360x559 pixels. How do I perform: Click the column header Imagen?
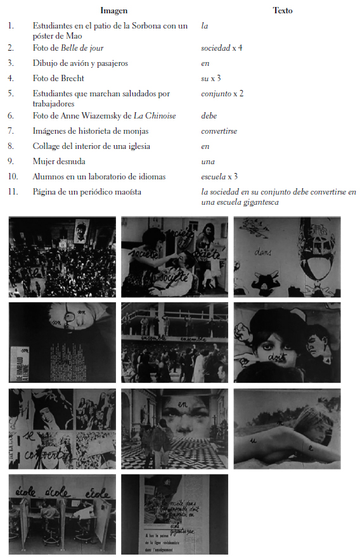[x=114, y=11]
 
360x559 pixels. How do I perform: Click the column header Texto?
[x=282, y=11]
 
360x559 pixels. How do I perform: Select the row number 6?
[x=11, y=116]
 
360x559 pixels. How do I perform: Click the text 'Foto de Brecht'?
[x=58, y=79]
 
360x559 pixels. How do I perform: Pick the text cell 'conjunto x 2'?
[x=222, y=94]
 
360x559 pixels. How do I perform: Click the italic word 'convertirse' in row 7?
[x=219, y=131]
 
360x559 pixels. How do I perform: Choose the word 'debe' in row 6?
[x=209, y=116]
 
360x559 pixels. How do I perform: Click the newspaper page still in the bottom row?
[x=174, y=515]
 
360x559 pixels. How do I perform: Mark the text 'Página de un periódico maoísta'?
[x=87, y=191]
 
